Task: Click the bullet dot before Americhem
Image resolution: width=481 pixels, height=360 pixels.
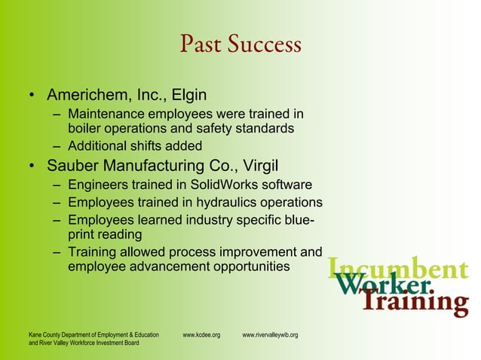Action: pyautogui.click(x=32, y=97)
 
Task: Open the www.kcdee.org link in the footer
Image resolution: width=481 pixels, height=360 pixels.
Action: pyautogui.click(x=201, y=334)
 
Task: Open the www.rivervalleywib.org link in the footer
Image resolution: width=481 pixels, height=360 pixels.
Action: pyautogui.click(x=270, y=334)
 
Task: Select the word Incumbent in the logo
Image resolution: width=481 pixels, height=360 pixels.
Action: pyautogui.click(x=399, y=268)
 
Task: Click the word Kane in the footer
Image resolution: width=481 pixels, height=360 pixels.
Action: pyautogui.click(x=35, y=334)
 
